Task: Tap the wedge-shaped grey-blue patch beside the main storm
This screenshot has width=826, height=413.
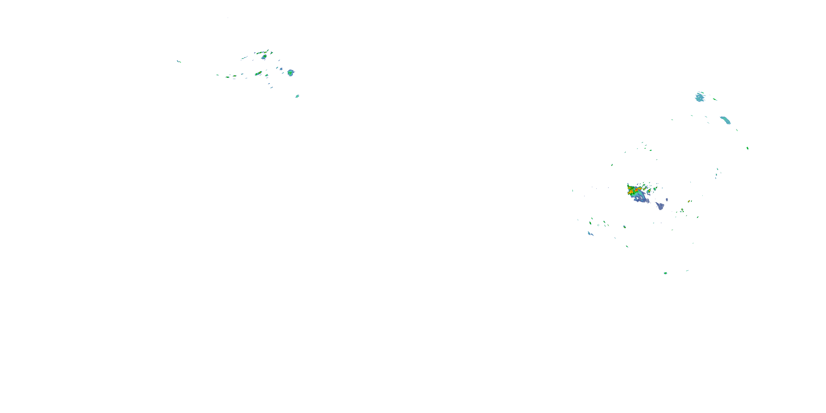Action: (660, 206)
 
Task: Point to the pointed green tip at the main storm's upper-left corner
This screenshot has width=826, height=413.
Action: (628, 185)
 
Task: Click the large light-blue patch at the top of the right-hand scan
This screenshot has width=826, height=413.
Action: (700, 97)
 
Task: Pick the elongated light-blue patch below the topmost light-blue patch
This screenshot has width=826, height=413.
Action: (725, 120)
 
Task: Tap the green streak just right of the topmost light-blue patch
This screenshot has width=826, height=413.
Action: (715, 99)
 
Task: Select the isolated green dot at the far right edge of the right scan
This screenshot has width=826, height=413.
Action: (748, 148)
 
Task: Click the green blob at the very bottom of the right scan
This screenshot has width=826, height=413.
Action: (665, 273)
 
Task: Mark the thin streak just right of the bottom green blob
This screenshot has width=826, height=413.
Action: (687, 271)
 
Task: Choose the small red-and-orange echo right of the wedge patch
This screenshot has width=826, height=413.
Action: (689, 201)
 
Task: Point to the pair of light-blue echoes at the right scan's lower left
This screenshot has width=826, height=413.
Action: (590, 233)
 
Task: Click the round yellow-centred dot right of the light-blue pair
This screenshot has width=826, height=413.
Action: (624, 227)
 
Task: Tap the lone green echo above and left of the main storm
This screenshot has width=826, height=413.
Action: (612, 165)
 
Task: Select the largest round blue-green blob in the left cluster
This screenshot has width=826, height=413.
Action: (290, 73)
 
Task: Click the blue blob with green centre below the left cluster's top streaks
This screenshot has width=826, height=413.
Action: (264, 57)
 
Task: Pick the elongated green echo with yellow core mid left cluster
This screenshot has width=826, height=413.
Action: (259, 74)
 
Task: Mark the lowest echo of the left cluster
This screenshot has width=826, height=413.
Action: (297, 96)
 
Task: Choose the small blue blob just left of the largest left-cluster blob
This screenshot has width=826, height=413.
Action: (281, 69)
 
